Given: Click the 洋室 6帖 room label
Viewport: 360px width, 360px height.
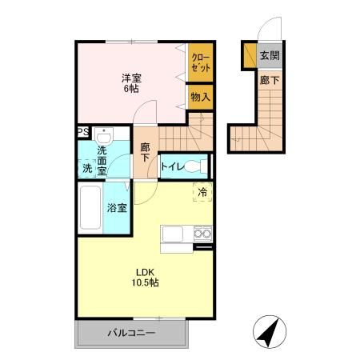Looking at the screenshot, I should (131, 82).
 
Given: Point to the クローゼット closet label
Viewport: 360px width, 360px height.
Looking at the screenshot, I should (201, 62).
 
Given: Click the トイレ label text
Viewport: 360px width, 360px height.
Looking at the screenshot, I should (174, 166).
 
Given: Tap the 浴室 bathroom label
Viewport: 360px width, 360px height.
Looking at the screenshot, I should (118, 208).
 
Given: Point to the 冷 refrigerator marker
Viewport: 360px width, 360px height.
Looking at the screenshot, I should (202, 192).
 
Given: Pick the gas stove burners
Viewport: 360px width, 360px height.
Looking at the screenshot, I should (202, 234).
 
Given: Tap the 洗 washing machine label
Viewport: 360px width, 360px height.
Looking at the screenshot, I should (86, 168).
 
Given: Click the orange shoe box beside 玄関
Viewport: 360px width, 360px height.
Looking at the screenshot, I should (249, 56).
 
